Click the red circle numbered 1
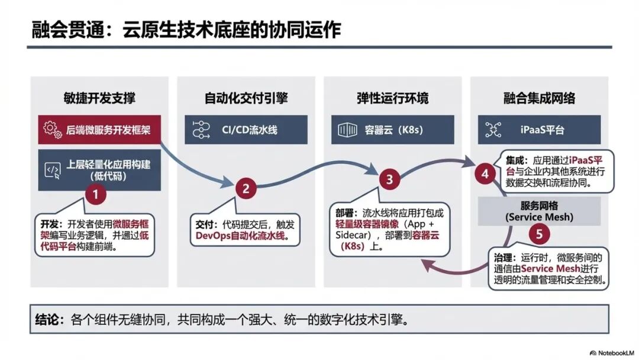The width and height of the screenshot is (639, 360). (97, 194)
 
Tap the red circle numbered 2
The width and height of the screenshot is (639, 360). (245, 189)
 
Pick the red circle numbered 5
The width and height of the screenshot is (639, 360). (538, 233)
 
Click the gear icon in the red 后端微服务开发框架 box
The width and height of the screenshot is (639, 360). (53, 130)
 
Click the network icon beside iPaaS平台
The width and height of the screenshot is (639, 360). (493, 129)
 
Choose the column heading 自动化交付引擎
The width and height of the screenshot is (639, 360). (245, 98)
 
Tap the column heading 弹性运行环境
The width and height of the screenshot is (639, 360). (392, 98)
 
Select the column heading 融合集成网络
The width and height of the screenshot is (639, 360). (539, 98)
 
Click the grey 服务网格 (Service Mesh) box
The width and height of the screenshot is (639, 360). (539, 211)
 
